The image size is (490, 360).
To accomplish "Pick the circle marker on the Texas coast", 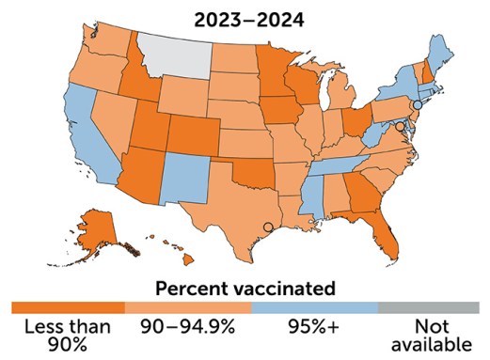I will (268, 227).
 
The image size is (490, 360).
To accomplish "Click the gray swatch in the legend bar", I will (428, 307).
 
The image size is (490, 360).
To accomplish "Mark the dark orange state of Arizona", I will (137, 174).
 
